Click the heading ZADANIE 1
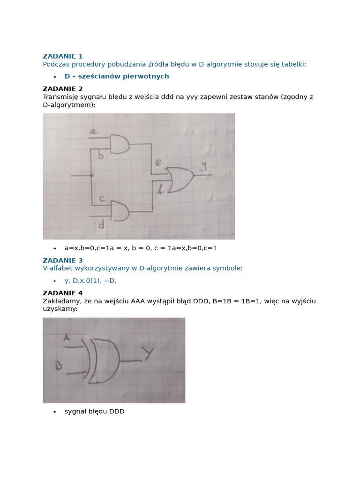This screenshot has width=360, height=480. coord(62,56)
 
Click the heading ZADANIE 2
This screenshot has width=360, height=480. coord(62,89)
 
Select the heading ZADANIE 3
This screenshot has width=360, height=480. coord(62,261)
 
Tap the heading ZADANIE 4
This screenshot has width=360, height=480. coord(62,293)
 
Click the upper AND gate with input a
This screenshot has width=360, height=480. coord(119,144)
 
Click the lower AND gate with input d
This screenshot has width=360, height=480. coord(119,211)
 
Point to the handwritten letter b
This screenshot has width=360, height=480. coord(100,156)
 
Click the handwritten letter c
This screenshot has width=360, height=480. coord(102,199)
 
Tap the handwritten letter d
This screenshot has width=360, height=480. coord(101,225)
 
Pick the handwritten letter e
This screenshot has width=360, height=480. coord(158,164)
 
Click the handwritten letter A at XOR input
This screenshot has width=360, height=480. coord(67,337)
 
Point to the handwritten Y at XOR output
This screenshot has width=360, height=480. coord(149,354)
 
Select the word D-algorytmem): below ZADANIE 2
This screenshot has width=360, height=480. coord(69,105)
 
